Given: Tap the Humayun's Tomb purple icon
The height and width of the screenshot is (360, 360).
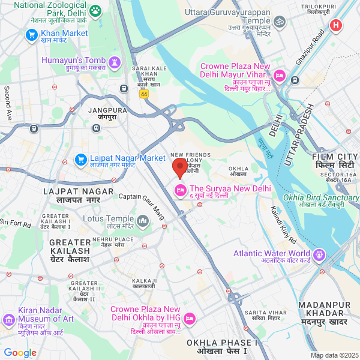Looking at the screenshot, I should tap(114, 61).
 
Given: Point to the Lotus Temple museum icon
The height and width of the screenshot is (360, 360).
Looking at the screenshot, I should tap(143, 221).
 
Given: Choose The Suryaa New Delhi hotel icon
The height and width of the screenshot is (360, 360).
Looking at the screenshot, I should tap(179, 191).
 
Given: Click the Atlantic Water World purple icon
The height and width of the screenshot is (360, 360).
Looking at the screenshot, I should tap(319, 255).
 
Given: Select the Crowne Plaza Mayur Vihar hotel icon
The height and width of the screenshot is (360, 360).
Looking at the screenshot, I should tap(295, 79).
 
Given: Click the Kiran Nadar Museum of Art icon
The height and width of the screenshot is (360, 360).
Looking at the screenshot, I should tap(8, 319).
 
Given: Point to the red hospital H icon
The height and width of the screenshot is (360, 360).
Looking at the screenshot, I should tap(336, 25).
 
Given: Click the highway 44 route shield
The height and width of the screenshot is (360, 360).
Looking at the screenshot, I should tap(143, 94).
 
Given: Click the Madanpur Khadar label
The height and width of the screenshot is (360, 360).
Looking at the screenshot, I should tap(324, 317).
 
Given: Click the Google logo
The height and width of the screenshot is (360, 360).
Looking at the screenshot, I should tap(19, 352).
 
